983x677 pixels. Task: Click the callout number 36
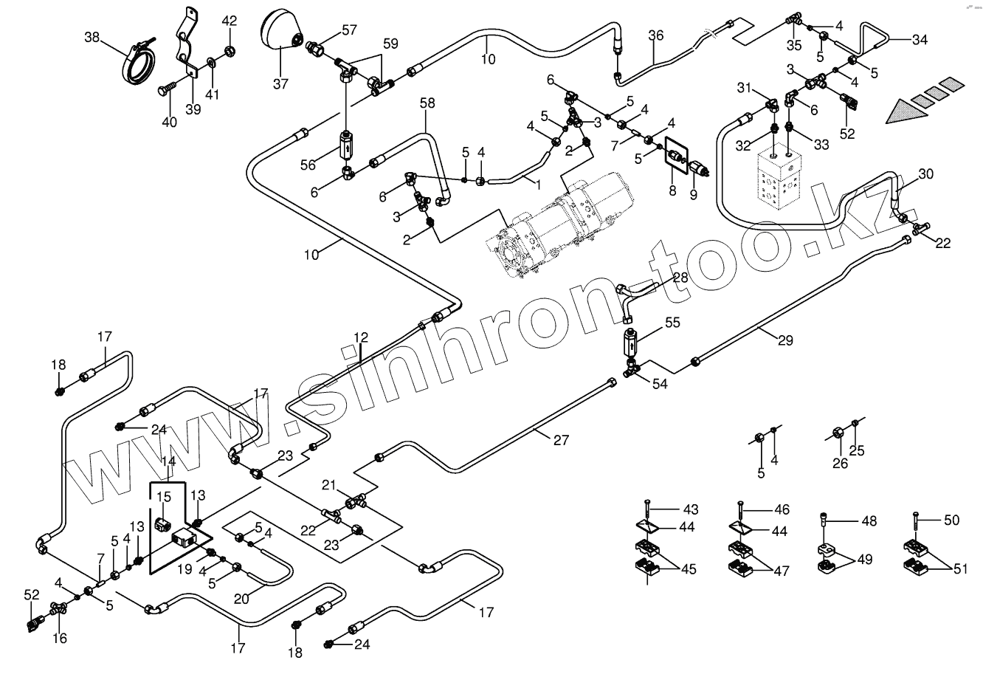point(656,35)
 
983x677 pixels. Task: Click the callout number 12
point(360,337)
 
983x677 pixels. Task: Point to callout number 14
point(168,461)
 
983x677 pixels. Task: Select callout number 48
point(869,520)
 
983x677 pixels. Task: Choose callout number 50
point(951,520)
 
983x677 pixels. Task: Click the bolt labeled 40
point(163,92)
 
